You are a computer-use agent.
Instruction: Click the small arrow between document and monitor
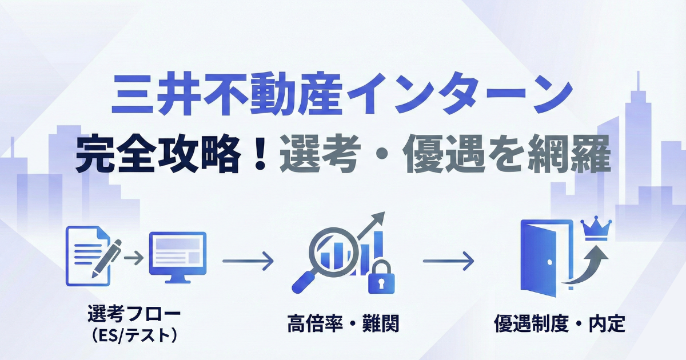pyautogui.click(x=134, y=258)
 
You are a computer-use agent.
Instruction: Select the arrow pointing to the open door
pyautogui.click(x=449, y=262)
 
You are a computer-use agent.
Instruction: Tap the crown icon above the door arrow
pyautogui.click(x=596, y=229)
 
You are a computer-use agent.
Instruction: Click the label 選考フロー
pyautogui.click(x=134, y=314)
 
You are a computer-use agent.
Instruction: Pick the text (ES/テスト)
pyautogui.click(x=134, y=335)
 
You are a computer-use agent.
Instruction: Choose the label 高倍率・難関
pyautogui.click(x=343, y=325)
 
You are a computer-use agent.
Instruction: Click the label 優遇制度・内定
pyautogui.click(x=560, y=325)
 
